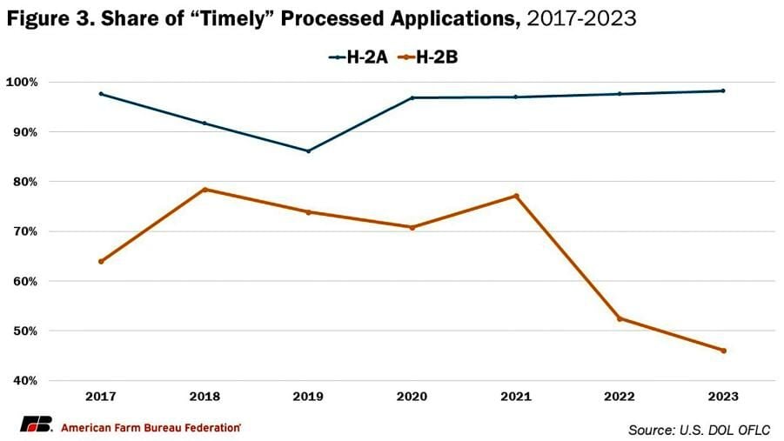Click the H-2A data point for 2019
click(308, 150)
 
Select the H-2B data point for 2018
click(204, 190)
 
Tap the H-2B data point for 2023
click(723, 351)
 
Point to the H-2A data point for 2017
click(101, 94)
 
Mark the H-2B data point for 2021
click(516, 196)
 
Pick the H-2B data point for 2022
click(620, 318)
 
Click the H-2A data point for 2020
click(412, 97)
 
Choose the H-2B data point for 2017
click(101, 261)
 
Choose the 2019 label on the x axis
click(308, 397)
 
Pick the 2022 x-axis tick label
click(620, 397)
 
